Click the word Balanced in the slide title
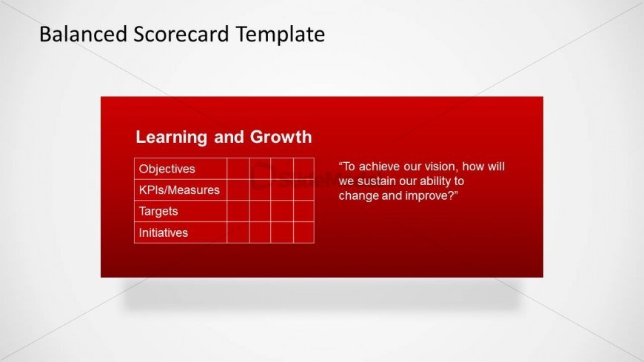tap(83, 34)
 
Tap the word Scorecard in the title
tap(181, 34)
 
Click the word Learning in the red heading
tap(171, 137)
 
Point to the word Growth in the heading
tap(281, 137)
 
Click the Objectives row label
tap(167, 169)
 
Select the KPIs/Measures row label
tap(179, 190)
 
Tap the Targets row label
tap(158, 211)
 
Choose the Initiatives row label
tap(163, 232)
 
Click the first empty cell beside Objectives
tap(238, 169)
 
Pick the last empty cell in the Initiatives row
tap(304, 232)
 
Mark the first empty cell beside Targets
tap(238, 211)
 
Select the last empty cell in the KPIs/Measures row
tap(304, 190)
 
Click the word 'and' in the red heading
tap(228, 137)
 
